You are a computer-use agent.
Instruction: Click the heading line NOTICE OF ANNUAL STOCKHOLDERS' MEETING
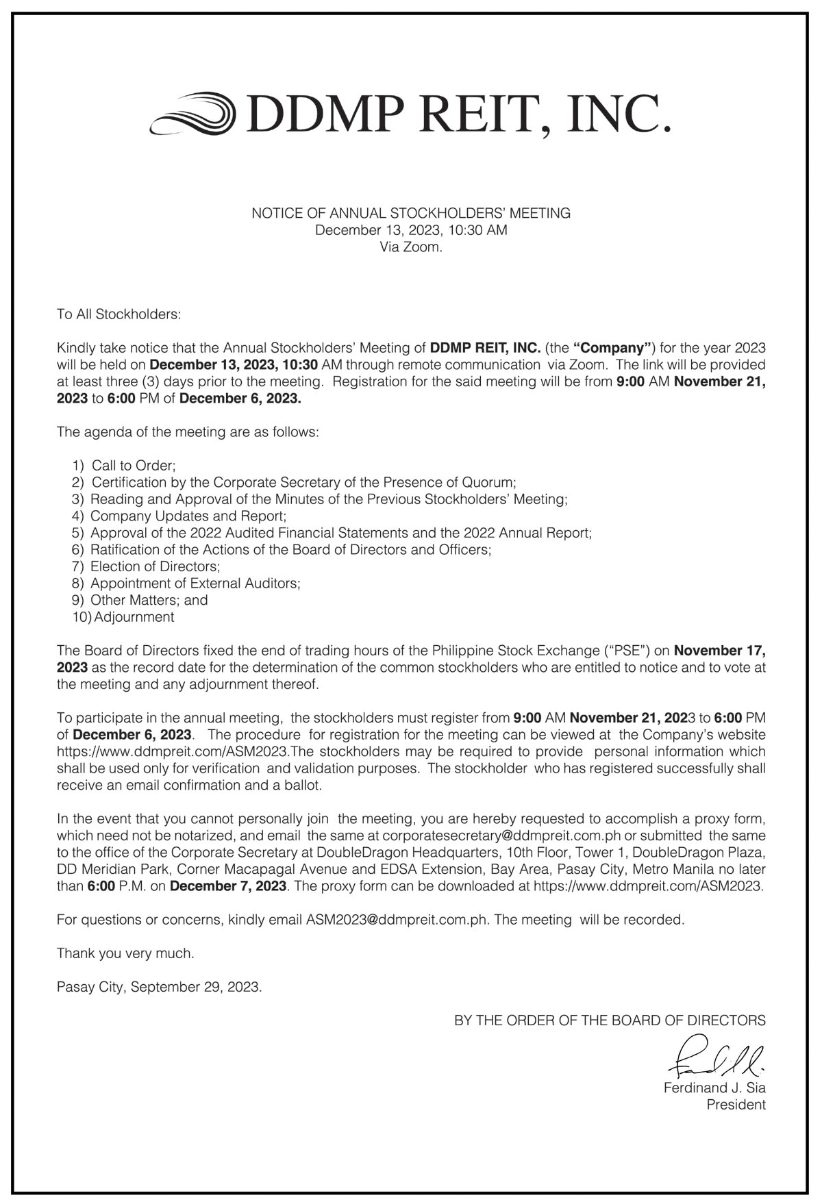click(x=411, y=213)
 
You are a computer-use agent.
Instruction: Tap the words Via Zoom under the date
click(x=411, y=247)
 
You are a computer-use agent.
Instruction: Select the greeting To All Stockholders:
click(x=119, y=314)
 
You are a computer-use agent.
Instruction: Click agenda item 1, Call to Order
click(x=133, y=466)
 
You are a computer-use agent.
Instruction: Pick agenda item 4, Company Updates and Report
click(x=188, y=516)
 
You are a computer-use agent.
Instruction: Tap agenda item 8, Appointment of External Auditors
click(x=195, y=584)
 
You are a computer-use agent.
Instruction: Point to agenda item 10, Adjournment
click(x=134, y=617)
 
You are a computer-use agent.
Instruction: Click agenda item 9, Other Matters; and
click(x=149, y=600)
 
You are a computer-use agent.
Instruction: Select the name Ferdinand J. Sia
click(x=714, y=1088)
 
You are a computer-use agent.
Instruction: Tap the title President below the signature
click(x=736, y=1105)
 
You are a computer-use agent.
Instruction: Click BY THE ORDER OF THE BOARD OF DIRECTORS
click(x=610, y=1020)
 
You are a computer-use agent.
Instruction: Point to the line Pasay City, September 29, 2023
click(x=159, y=987)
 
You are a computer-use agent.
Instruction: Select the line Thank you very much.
click(x=125, y=953)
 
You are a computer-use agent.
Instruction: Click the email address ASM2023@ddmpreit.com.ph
click(x=397, y=920)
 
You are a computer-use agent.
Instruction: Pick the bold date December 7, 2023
click(x=228, y=886)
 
